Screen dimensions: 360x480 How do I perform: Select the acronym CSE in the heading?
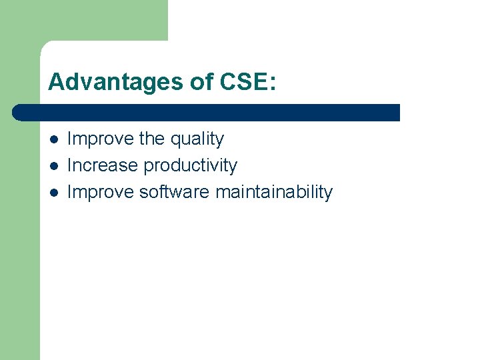pos(236,82)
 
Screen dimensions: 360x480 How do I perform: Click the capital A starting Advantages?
pos(56,82)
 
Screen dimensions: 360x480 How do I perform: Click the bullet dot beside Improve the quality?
pos(54,139)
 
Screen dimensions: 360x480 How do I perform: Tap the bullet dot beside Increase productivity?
pos(54,166)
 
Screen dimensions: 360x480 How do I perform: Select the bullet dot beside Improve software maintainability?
pos(54,193)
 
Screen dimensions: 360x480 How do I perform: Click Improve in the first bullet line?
pos(101,139)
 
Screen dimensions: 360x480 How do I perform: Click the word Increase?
pos(103,165)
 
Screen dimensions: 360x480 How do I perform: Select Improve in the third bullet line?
pos(101,192)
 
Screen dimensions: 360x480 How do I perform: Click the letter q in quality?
pos(176,141)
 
